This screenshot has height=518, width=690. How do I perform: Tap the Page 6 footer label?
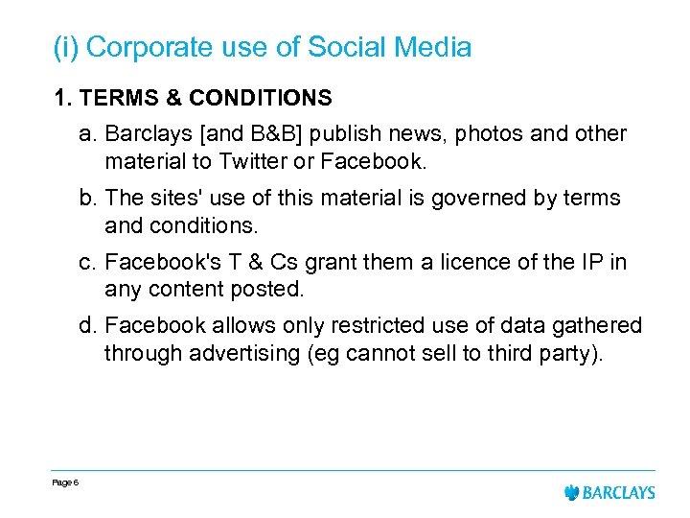pyautogui.click(x=65, y=483)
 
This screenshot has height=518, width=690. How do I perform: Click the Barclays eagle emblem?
pyautogui.click(x=573, y=492)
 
